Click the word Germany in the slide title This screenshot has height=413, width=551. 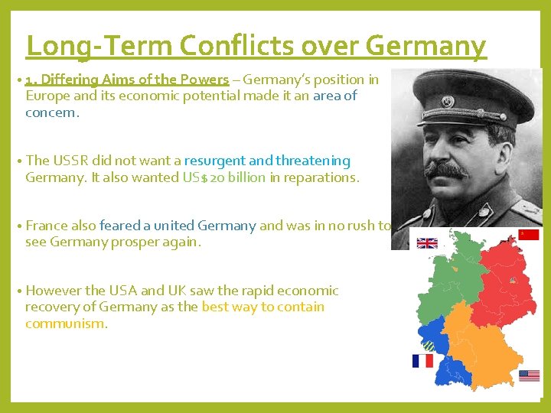pyautogui.click(x=425, y=46)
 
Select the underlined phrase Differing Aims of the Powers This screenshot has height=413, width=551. pyautogui.click(x=127, y=80)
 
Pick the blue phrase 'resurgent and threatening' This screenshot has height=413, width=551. pyautogui.click(x=278, y=161)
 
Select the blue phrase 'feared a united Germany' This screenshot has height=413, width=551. pyautogui.click(x=178, y=226)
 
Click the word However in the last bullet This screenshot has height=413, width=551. pyautogui.click(x=55, y=291)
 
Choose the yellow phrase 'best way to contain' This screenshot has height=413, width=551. pyautogui.click(x=263, y=307)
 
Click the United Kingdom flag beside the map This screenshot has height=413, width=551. pyautogui.click(x=427, y=243)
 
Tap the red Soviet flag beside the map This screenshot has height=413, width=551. pyautogui.click(x=529, y=234)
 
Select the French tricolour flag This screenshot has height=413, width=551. pyautogui.click(x=422, y=360)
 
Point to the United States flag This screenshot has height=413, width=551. pyautogui.click(x=529, y=376)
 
